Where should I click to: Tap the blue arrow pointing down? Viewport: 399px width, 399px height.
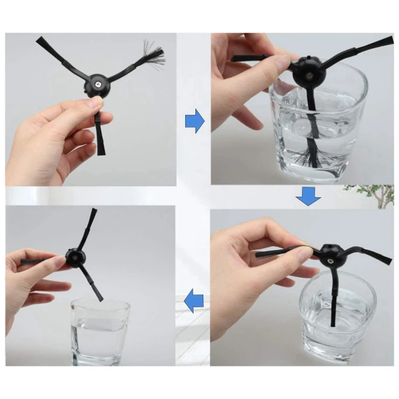click(x=308, y=197)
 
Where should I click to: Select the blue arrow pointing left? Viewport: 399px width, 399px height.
click(x=194, y=301)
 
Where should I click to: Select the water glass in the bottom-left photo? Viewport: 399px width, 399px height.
click(x=100, y=331)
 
